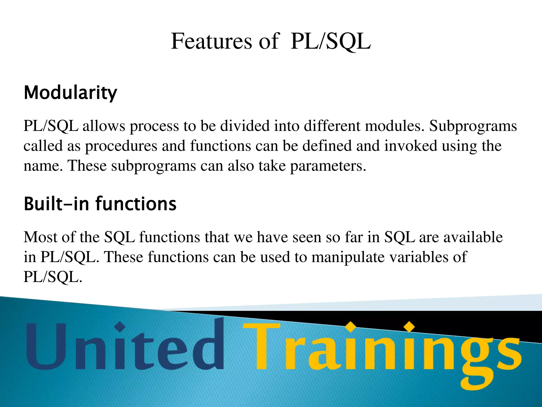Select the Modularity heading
70,93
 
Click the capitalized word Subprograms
473,126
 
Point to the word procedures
121,146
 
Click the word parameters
328,166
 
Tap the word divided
245,126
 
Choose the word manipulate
348,257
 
